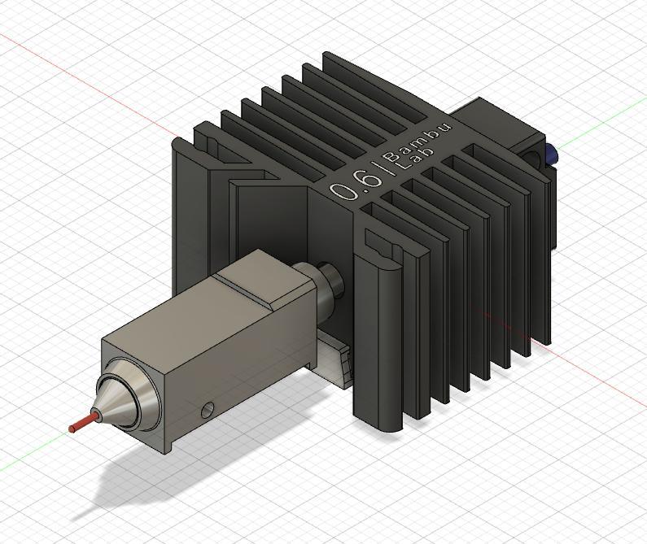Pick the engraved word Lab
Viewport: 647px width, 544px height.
click(412, 160)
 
